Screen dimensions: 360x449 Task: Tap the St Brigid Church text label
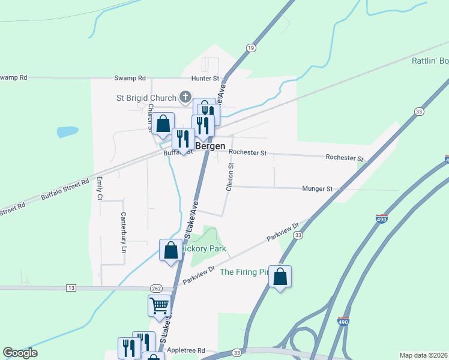(x=146, y=98)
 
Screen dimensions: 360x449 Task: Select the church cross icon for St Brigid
(x=185, y=97)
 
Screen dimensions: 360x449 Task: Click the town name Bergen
(x=210, y=146)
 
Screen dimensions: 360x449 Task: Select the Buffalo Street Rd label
(x=65, y=188)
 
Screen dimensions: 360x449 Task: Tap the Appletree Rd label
(x=187, y=350)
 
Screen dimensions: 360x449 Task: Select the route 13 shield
(x=71, y=289)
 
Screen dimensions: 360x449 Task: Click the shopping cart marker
(x=159, y=305)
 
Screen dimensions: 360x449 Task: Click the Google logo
(x=20, y=353)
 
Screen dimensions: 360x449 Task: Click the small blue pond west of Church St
(x=67, y=131)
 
